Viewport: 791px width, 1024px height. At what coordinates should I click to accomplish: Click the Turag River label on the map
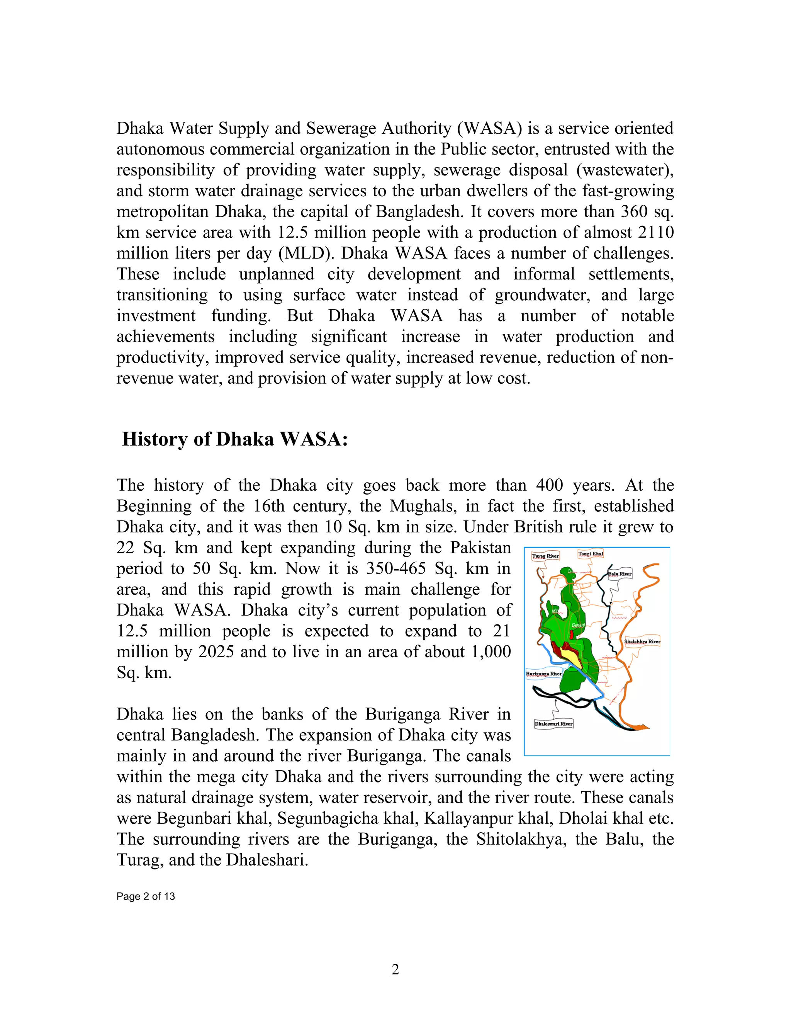[545, 556]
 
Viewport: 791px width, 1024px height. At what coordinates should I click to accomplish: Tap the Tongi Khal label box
[591, 554]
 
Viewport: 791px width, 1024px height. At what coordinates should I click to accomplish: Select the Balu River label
[620, 574]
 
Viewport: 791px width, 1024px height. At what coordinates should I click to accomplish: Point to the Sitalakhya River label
[642, 641]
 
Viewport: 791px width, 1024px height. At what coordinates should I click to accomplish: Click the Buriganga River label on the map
[543, 674]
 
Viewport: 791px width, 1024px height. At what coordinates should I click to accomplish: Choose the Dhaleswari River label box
[553, 724]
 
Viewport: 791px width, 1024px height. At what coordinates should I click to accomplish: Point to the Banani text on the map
[578, 626]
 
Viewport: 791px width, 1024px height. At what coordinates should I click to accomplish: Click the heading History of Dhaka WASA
[235, 439]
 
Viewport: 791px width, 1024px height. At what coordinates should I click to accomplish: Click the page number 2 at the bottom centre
[395, 969]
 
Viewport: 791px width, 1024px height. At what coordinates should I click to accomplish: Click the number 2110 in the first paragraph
[656, 232]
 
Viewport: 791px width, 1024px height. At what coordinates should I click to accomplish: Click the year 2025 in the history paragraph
[216, 652]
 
